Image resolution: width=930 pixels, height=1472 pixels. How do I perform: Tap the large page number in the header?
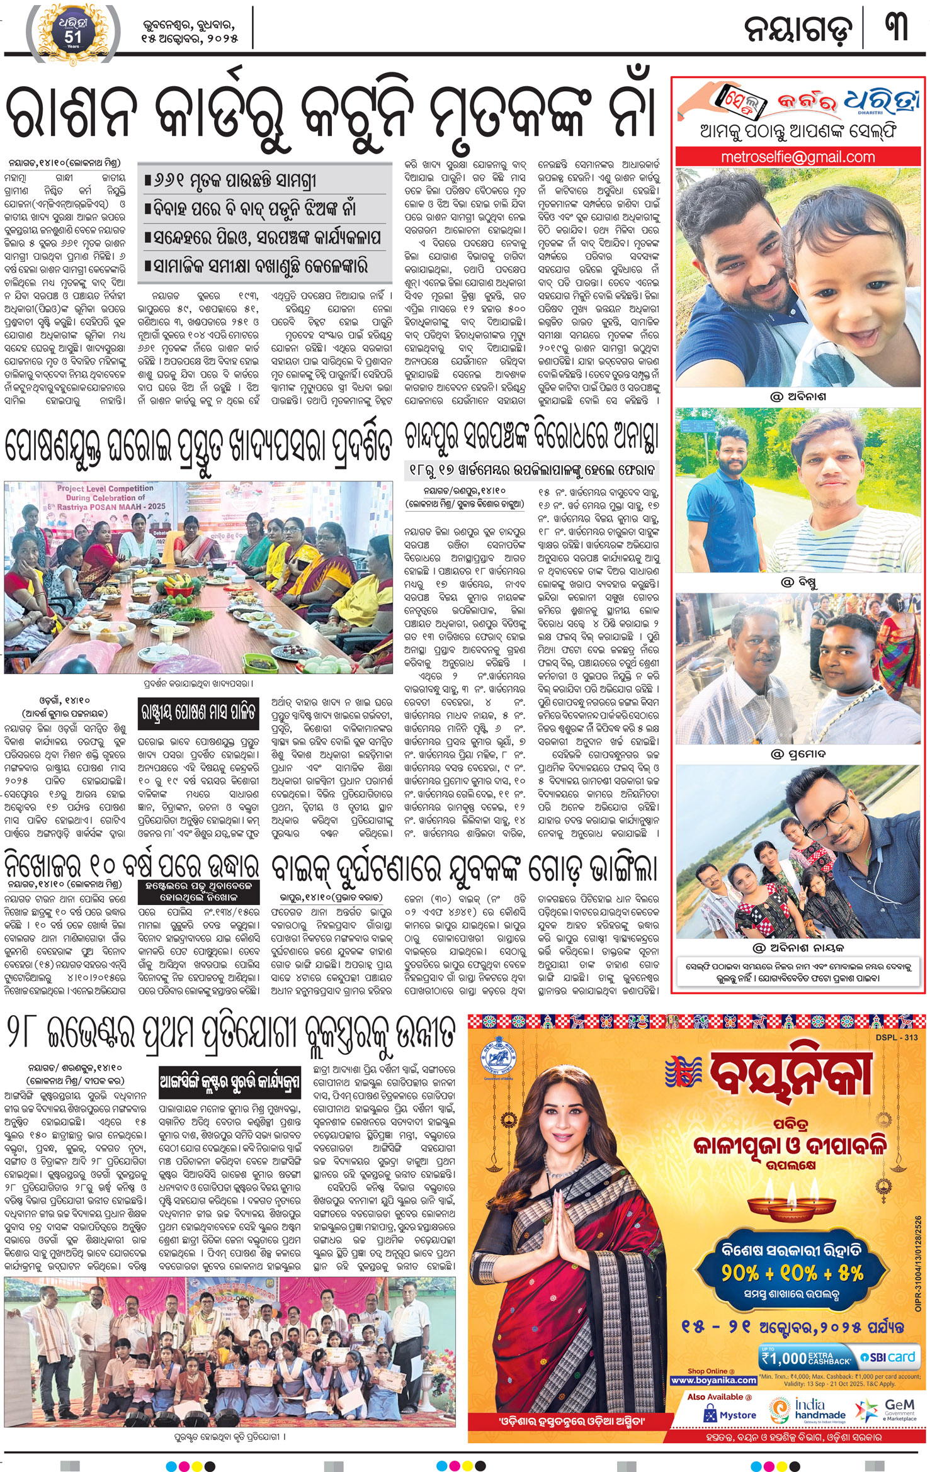[x=896, y=29]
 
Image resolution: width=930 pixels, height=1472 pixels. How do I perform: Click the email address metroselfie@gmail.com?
[x=798, y=157]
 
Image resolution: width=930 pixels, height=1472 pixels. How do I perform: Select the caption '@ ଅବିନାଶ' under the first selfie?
[x=798, y=397]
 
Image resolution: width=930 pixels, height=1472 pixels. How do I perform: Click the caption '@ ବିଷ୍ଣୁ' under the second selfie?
[x=798, y=583]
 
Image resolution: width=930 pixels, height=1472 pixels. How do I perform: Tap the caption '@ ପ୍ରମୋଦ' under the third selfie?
[x=798, y=753]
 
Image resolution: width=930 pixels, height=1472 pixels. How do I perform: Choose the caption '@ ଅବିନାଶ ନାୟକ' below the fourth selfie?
[x=798, y=947]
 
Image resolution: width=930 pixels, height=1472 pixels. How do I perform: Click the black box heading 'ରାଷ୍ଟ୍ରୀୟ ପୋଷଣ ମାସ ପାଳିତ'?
[x=198, y=712]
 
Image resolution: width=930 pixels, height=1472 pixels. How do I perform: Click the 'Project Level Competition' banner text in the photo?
[x=105, y=488]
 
